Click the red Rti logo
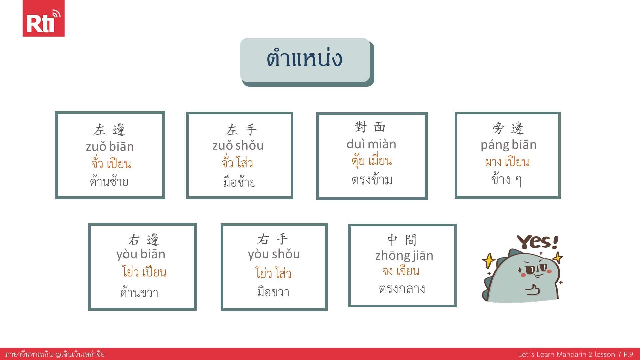coord(43,18)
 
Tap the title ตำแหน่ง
coord(304,58)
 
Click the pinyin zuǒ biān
coord(110,147)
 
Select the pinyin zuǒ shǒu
coord(238,145)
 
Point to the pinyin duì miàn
coord(371,144)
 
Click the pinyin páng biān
coord(509,145)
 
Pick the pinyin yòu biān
coord(141,254)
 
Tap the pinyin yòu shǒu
coord(274,254)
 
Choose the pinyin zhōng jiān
coord(404,256)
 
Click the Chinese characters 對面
coord(370,127)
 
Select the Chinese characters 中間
coord(402,239)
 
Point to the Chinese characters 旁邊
coord(508,128)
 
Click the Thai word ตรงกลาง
coord(402,289)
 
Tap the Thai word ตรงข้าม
coord(372,179)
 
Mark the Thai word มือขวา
coord(273,292)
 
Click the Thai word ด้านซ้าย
coord(109,181)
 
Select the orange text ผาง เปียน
coord(507,162)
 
